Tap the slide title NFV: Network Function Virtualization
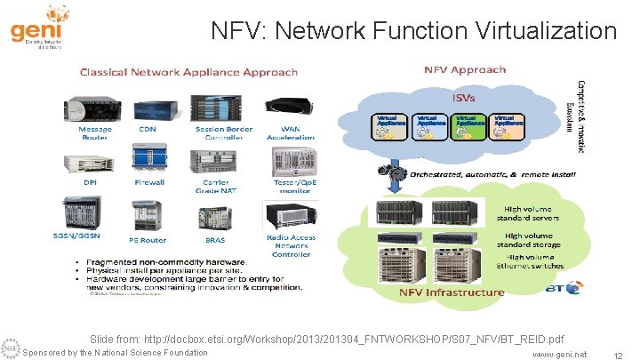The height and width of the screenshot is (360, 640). tap(413, 32)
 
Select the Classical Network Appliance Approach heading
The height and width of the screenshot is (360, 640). tap(190, 70)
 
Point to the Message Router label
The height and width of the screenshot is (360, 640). tap(95, 133)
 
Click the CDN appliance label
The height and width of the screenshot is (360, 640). tap(148, 129)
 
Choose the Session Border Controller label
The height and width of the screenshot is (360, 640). tap(218, 133)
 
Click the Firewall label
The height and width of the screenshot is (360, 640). tap(149, 182)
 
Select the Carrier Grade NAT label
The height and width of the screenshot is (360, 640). tap(216, 187)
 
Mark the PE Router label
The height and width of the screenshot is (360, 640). tap(148, 240)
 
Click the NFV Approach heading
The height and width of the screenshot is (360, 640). tap(465, 69)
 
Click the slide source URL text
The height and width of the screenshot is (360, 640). tap(326, 340)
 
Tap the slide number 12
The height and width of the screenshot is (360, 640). tap(617, 355)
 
